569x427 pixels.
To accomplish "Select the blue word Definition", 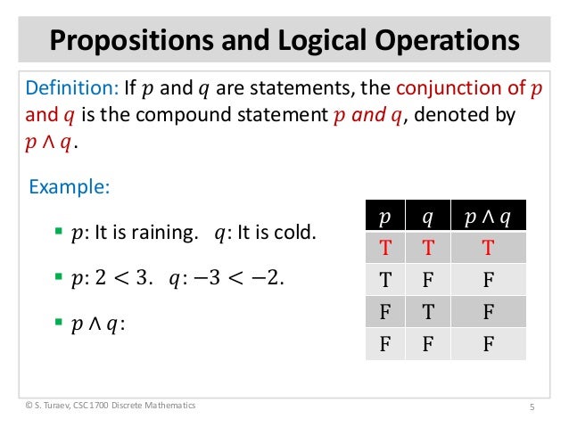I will [x=63, y=89].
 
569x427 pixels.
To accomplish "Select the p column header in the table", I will [x=384, y=217].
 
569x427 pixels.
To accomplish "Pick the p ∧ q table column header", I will [x=488, y=217].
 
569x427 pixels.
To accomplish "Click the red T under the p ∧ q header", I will [x=488, y=247].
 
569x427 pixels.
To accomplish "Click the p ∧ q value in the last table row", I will [x=488, y=342].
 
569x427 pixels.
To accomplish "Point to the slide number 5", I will [x=531, y=407].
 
